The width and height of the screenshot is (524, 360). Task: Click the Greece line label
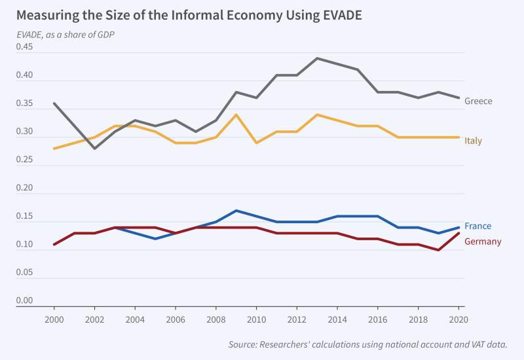pyautogui.click(x=478, y=101)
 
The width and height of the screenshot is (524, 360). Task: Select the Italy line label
pyautogui.click(x=473, y=141)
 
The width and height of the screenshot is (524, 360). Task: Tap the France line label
pyautogui.click(x=477, y=226)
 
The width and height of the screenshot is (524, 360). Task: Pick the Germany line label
pyautogui.click(x=483, y=242)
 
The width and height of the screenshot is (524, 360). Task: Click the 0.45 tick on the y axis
pyautogui.click(x=26, y=47)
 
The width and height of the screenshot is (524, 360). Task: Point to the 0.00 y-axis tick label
pyautogui.click(x=26, y=301)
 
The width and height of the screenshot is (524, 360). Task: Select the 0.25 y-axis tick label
pyautogui.click(x=26, y=160)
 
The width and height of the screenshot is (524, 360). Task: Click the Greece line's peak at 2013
pyautogui.click(x=317, y=58)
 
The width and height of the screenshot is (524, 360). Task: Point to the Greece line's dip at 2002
pyautogui.click(x=95, y=149)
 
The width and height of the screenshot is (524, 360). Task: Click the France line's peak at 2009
pyautogui.click(x=236, y=211)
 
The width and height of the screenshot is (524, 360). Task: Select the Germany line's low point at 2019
pyautogui.click(x=438, y=250)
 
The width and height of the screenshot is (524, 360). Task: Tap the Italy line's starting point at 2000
pyautogui.click(x=54, y=149)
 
